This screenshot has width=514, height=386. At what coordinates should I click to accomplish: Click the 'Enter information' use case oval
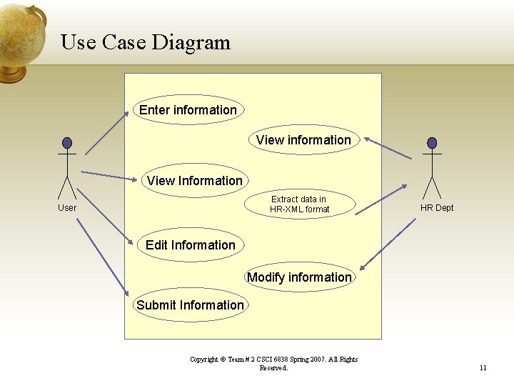tap(188, 110)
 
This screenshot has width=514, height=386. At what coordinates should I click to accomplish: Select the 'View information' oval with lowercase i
tap(303, 140)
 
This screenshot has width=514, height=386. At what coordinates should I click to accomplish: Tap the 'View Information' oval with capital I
tap(195, 181)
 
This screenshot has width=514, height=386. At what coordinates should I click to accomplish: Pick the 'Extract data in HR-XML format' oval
tap(299, 204)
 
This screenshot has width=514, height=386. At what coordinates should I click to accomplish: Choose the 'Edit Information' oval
tap(191, 245)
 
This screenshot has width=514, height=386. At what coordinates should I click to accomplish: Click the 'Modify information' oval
tap(299, 277)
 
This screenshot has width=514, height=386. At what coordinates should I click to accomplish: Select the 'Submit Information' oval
tap(190, 305)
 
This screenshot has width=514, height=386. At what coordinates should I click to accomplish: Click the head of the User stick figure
tap(67, 143)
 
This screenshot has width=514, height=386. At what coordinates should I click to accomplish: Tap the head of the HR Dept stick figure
tap(432, 143)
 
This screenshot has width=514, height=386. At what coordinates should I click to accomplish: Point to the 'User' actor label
tap(67, 208)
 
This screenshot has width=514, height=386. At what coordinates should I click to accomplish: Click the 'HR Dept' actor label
tap(437, 208)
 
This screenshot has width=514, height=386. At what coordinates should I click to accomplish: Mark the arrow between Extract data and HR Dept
tap(381, 199)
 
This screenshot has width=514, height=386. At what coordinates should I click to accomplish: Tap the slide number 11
tap(483, 368)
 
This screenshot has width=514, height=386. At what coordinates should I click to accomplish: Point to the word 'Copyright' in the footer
tap(203, 360)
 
